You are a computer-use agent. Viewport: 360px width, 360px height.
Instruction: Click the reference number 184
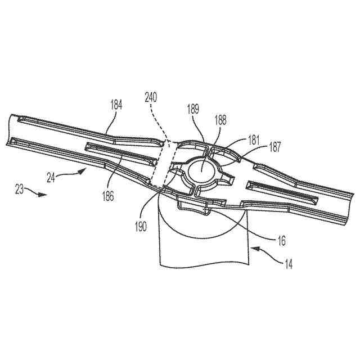pyautogui.click(x=116, y=104)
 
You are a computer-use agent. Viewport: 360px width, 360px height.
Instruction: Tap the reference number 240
pyautogui.click(x=151, y=97)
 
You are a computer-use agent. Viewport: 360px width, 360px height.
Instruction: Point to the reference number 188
pyautogui.click(x=220, y=120)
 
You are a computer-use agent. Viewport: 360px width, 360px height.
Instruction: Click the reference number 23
pyautogui.click(x=20, y=190)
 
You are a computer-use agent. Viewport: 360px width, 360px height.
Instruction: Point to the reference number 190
pyautogui.click(x=141, y=227)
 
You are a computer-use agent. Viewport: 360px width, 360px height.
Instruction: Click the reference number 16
pyautogui.click(x=281, y=240)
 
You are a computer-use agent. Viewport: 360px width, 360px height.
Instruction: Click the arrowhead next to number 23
pyautogui.click(x=43, y=195)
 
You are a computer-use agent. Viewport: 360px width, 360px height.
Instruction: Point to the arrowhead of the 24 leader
pyautogui.click(x=85, y=168)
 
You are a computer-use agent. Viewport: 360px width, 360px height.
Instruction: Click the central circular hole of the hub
pyautogui.click(x=202, y=169)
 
